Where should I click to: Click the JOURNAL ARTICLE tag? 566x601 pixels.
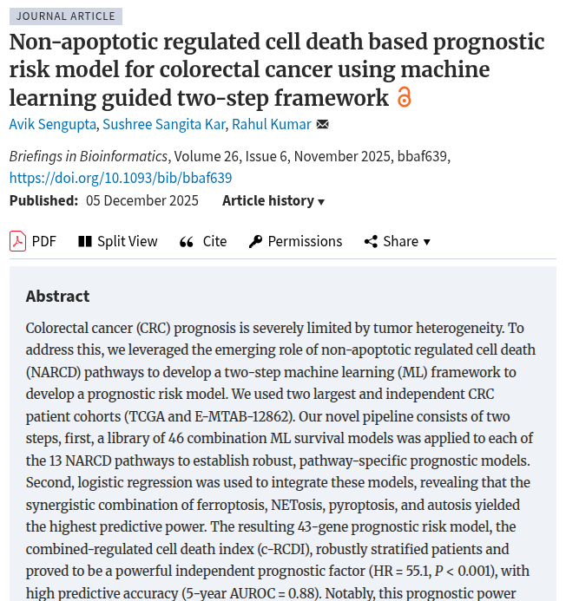tap(65, 16)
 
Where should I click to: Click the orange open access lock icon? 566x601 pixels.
tap(404, 97)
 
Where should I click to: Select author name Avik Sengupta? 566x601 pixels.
tap(52, 124)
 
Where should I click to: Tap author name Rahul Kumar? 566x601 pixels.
tap(271, 124)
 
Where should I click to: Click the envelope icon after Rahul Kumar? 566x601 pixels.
tap(323, 124)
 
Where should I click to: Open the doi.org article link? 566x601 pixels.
tap(121, 178)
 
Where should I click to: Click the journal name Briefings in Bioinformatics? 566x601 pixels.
tap(89, 156)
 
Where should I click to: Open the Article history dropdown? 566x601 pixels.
tap(273, 200)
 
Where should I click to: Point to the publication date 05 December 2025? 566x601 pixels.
tap(142, 200)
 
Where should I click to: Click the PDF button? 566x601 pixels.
tap(33, 241)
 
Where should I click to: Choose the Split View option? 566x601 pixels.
tap(118, 241)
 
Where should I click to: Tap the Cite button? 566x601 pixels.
tap(203, 241)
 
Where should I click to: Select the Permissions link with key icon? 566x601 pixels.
tap(295, 241)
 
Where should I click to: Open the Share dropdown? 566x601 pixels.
tap(397, 241)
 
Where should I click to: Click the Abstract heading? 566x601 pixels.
tap(58, 296)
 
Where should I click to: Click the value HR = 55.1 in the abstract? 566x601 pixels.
tap(425, 571)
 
